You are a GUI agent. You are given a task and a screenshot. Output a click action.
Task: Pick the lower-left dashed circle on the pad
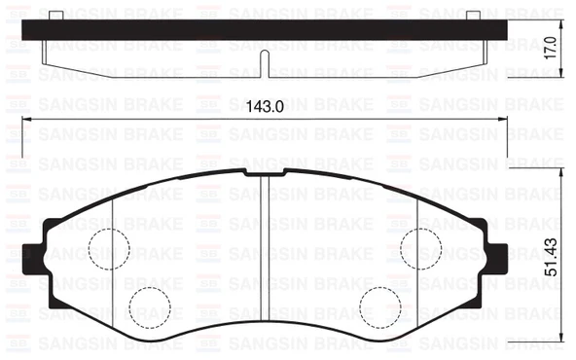(x=151, y=306)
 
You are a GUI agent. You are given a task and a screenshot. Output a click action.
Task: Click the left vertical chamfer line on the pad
(x=114, y=263)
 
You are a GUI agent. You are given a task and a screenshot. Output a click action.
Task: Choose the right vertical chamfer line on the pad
(x=416, y=263)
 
